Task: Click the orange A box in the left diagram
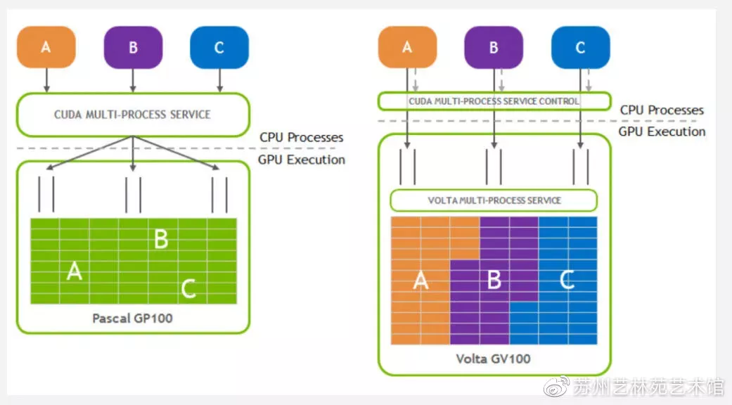tap(46, 47)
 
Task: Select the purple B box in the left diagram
tap(133, 47)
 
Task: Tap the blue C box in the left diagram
tap(219, 47)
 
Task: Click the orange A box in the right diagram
tap(407, 47)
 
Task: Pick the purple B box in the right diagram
tap(494, 47)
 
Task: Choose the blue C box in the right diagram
tap(580, 47)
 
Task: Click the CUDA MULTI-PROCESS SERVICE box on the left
tap(132, 114)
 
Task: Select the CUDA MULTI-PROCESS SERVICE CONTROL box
tap(494, 101)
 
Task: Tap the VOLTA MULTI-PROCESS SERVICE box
tap(494, 200)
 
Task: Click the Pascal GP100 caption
tap(132, 318)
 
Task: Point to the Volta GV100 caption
tap(493, 359)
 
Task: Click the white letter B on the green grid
tap(161, 239)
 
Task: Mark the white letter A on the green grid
tap(74, 271)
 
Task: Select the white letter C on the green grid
tap(188, 288)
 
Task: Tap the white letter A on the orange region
tap(420, 281)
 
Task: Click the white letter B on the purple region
tap(494, 281)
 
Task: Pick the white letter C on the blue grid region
tap(567, 281)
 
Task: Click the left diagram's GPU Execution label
tap(302, 160)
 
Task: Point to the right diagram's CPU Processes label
tap(662, 110)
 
